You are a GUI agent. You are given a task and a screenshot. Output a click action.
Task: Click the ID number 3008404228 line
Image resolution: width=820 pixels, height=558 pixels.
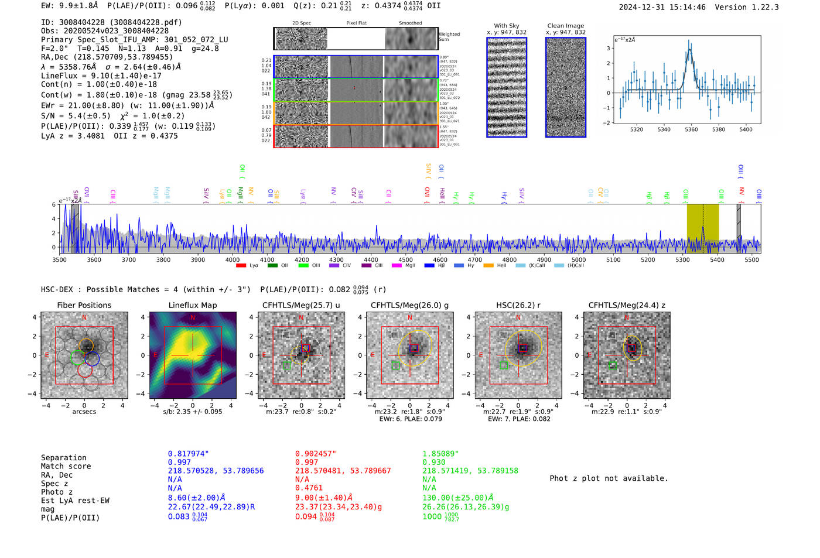point(111,22)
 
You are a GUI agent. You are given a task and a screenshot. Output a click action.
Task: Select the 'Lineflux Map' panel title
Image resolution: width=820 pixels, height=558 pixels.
point(192,305)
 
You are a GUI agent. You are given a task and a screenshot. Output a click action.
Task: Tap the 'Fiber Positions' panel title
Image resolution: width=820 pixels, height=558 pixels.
point(84,305)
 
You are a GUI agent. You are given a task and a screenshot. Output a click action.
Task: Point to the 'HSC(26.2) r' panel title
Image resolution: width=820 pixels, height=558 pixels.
point(518,305)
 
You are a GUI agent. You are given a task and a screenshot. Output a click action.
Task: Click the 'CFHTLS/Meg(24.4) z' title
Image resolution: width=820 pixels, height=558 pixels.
point(627,305)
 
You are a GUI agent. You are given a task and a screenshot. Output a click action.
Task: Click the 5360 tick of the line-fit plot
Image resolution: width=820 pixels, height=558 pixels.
point(691,129)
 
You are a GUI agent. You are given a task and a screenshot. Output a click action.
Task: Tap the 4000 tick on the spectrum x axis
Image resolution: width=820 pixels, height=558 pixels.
point(233,260)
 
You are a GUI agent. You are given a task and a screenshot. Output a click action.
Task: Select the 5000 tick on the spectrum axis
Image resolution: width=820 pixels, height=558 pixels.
point(579,260)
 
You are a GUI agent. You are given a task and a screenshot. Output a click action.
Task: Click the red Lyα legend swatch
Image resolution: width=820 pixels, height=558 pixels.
point(241,266)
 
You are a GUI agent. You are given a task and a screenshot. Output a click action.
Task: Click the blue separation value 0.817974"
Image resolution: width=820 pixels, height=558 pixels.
point(188,454)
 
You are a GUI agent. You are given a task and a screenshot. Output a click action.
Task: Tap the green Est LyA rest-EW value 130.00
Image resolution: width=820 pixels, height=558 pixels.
point(458,498)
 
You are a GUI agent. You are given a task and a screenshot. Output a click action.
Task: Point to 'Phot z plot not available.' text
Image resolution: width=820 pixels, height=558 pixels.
point(609,478)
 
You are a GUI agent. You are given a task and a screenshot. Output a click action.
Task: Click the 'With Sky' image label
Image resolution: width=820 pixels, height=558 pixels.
point(507,26)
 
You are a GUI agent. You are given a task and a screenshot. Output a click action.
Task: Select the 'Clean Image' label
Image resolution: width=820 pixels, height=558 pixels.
point(565,26)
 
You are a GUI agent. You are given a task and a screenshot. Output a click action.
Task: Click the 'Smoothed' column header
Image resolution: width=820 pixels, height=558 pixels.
point(410,23)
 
